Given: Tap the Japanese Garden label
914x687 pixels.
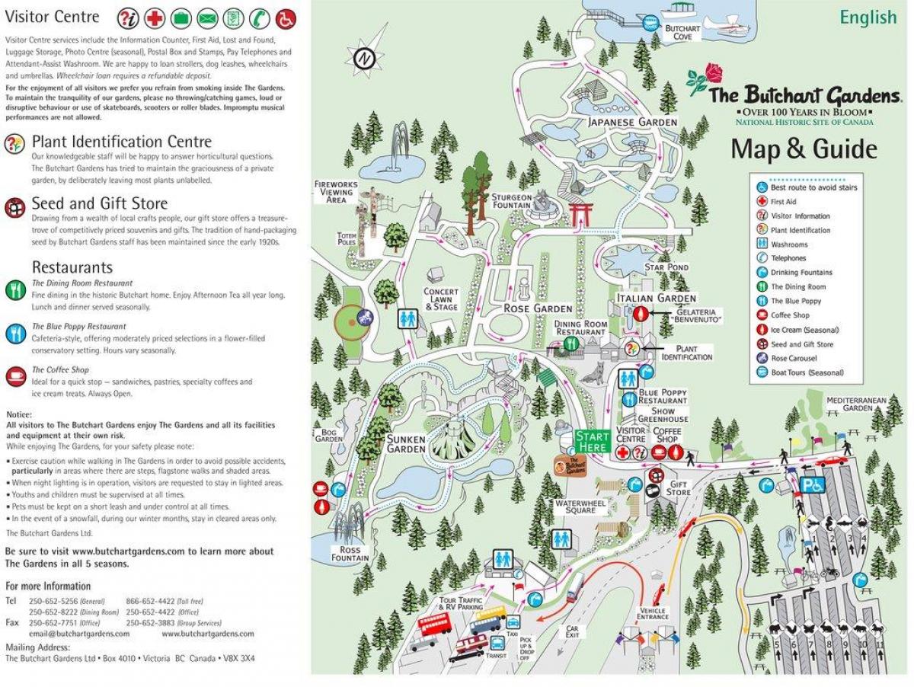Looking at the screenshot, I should pos(632,122).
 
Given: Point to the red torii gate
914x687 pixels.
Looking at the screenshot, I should pos(581,212).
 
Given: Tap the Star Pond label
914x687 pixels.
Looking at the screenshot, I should pos(666,267).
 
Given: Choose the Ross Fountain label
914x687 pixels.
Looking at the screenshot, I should pos(350,554).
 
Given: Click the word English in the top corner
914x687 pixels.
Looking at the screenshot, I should pos(868,18).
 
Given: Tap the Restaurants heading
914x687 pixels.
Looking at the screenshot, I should pos(72,267).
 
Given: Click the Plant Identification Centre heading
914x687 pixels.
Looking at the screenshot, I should pos(121,142).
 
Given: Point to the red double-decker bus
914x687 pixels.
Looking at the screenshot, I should pos(434,625).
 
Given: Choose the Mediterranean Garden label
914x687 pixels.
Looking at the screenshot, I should pos(850,403).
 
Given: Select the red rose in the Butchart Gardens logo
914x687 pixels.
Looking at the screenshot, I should pos(713,73).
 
